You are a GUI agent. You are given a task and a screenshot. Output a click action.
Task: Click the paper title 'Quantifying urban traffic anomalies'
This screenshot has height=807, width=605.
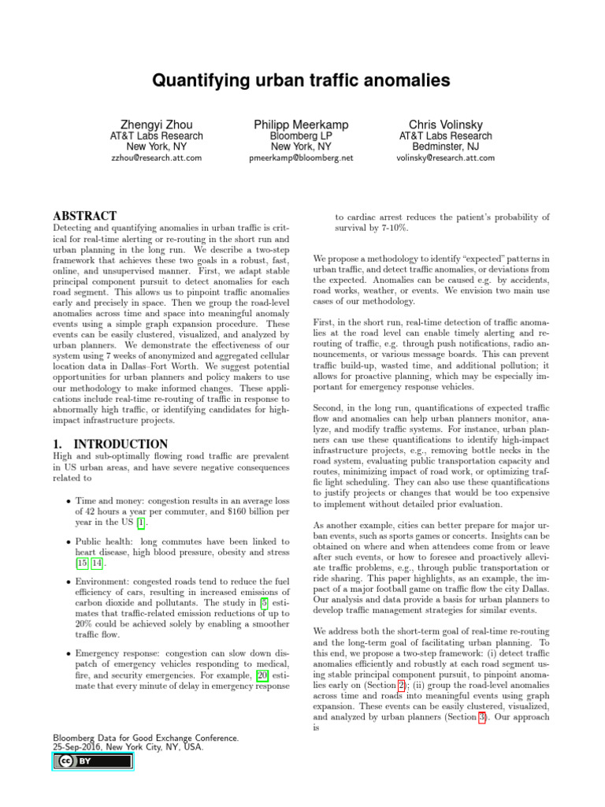point(302,80)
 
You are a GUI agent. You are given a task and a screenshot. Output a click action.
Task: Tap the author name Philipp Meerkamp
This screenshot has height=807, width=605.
point(302,125)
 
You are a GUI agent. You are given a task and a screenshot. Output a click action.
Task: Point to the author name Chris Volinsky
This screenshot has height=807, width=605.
point(445,125)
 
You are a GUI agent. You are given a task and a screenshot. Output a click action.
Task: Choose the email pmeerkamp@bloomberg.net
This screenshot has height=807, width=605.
point(302,158)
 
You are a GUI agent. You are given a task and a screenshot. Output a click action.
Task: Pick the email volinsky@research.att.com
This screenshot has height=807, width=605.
point(445,158)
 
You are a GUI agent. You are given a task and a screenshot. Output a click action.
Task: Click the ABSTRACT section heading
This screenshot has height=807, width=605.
point(84,216)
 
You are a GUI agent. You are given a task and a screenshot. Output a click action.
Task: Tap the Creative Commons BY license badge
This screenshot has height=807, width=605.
point(93,761)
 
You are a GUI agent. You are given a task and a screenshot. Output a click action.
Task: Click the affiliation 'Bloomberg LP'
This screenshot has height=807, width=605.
point(302,136)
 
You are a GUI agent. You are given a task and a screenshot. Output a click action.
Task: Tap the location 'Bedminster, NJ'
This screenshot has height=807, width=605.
point(445,147)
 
